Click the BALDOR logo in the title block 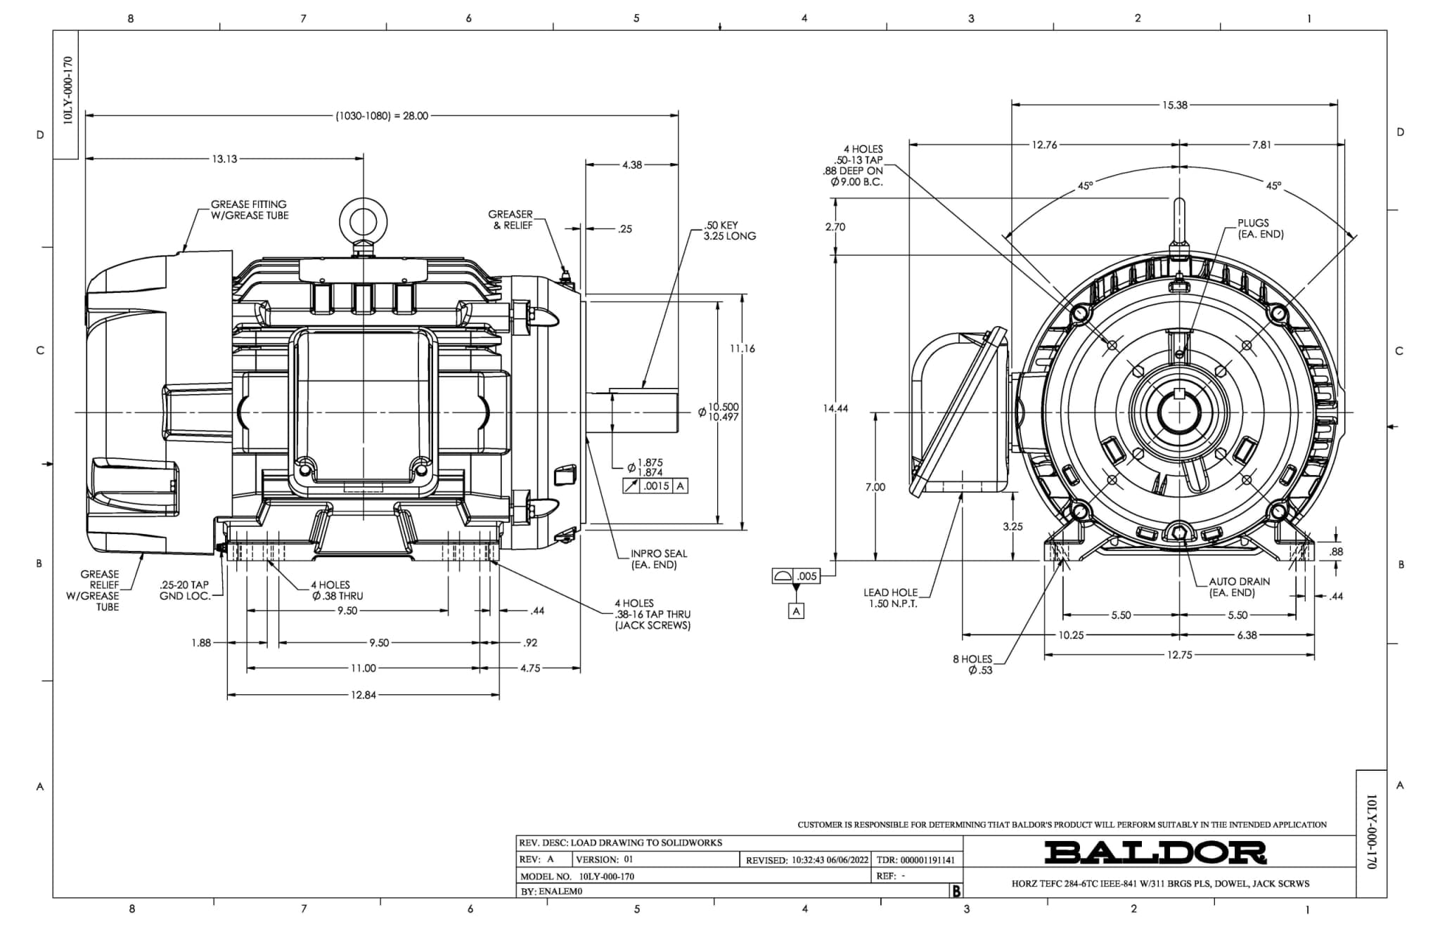point(1155,852)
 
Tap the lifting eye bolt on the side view point(363,220)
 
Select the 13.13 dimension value point(224,159)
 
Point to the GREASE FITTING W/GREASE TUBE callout point(250,210)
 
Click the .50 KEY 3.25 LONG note point(729,231)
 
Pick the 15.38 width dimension point(1174,105)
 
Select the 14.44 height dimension point(835,408)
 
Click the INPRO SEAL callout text point(658,559)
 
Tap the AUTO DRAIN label point(1239,587)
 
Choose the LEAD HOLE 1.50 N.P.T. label point(890,598)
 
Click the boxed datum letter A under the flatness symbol point(796,611)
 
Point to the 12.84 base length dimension point(363,695)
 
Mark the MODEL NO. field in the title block point(577,876)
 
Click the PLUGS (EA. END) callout point(1260,228)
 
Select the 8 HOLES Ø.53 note point(973,665)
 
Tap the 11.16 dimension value point(742,349)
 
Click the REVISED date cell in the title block point(807,860)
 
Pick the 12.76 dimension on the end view point(1044,145)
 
